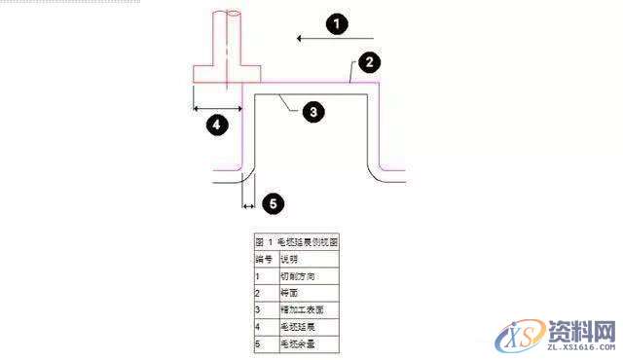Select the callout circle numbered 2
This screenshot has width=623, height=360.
click(368, 63)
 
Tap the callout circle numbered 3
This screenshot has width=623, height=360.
click(311, 112)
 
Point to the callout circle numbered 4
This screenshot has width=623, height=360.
click(217, 125)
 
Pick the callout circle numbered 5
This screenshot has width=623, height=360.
click(274, 204)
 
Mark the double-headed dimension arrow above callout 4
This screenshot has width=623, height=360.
click(217, 107)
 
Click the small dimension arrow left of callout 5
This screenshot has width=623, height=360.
click(247, 206)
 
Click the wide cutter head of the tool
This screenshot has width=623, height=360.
click(227, 74)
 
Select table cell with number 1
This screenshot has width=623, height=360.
click(265, 276)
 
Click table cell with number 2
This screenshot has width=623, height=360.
click(265, 293)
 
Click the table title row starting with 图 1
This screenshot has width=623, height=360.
click(296, 241)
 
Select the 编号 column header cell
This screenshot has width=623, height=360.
click(265, 260)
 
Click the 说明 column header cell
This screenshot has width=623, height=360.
click(309, 260)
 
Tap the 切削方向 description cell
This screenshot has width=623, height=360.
click(309, 276)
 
